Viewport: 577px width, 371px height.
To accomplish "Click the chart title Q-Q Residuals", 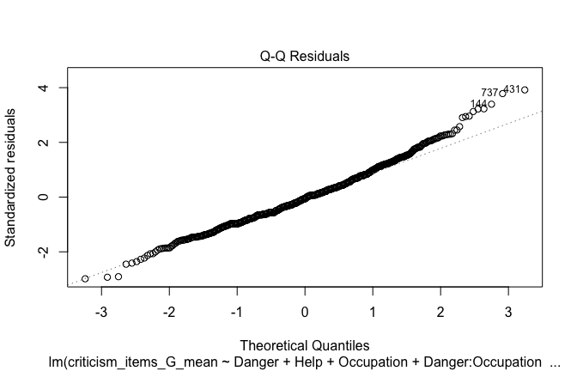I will tap(305, 57).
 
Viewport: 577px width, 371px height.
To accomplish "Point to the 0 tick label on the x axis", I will tap(305, 309).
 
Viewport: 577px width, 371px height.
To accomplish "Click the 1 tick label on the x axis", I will tap(373, 309).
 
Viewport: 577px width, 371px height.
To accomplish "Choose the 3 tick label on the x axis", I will tap(508, 309).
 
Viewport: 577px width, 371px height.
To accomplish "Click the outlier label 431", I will tap(512, 88).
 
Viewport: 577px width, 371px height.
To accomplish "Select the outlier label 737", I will tap(489, 93).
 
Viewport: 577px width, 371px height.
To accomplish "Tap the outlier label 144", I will tap(478, 104).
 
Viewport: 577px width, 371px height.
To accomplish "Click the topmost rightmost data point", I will tap(525, 89).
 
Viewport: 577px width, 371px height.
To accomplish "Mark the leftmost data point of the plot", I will tap(85, 279).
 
